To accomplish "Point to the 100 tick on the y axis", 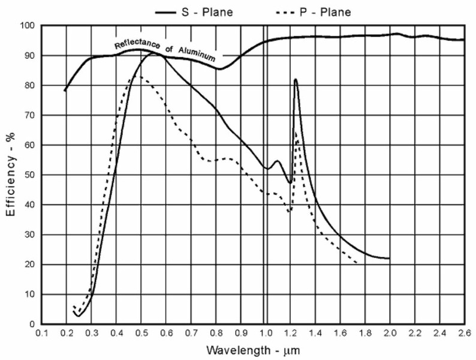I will (28, 26).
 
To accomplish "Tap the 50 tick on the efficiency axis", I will (30, 175).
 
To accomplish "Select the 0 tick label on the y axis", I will (34, 325).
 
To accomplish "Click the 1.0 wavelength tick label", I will (264, 332).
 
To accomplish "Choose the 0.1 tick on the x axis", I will (41, 332).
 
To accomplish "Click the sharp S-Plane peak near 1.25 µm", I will (296, 79).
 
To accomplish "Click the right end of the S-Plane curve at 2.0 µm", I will (389, 258).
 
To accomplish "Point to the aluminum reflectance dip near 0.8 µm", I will (219, 68).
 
